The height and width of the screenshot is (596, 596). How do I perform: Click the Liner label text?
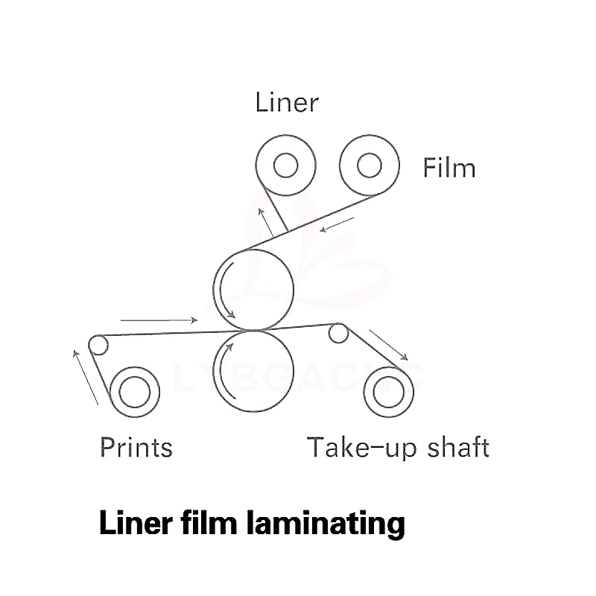pos(286,102)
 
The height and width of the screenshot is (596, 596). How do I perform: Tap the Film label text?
pos(449,168)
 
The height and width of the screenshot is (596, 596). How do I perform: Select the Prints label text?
pos(136,447)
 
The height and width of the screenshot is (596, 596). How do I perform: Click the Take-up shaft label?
pos(398,447)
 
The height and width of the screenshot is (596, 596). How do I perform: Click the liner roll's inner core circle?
pos(285,166)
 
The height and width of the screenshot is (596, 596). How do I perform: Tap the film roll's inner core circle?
pos(369,166)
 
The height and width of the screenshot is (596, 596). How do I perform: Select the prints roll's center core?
pos(134,393)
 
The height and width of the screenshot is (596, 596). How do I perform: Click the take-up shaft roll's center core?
pos(387,393)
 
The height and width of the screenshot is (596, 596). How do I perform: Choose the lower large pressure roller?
pos(253,370)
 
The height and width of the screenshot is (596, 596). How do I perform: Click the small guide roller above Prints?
pos(98,345)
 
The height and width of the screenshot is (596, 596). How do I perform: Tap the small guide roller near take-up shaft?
pos(338,333)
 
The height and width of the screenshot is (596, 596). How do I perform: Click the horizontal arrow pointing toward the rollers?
pos(159,320)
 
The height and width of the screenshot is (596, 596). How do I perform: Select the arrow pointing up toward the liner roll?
pos(264,220)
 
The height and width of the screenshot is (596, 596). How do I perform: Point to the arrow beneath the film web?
pos(336,223)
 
